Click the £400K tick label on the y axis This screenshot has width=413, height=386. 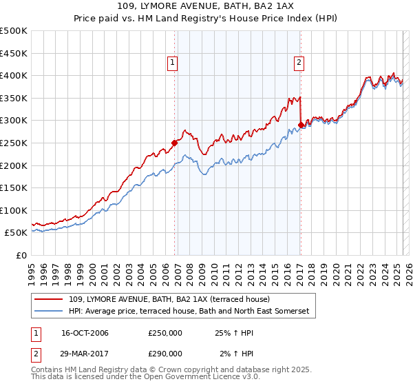[14, 75]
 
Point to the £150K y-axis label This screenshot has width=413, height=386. [14, 187]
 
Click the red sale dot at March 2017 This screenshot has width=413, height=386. [301, 125]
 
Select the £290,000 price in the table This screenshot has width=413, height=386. [165, 353]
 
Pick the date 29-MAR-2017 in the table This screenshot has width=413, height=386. [85, 353]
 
